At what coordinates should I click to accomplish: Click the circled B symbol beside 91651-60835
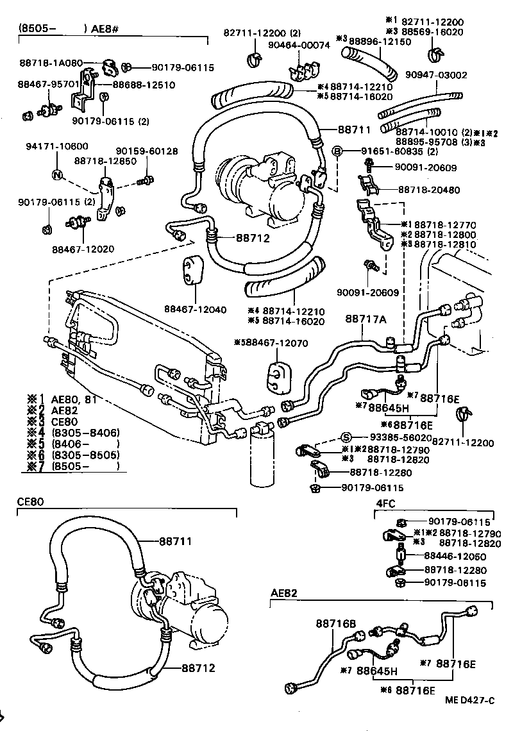(x=336, y=151)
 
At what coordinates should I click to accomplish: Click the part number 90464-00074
(x=299, y=46)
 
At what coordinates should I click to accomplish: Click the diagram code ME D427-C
(x=470, y=700)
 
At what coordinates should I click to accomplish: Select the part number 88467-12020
(x=81, y=248)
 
